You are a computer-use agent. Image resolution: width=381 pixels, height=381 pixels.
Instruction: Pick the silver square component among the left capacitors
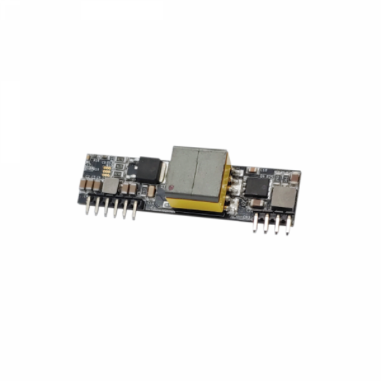(110, 185)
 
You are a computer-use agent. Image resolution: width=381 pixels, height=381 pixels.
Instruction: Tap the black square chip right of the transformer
(257, 185)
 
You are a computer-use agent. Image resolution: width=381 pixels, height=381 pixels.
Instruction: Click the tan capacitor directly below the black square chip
(257, 203)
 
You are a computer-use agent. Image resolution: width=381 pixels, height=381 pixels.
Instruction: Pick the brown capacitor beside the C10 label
(252, 170)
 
